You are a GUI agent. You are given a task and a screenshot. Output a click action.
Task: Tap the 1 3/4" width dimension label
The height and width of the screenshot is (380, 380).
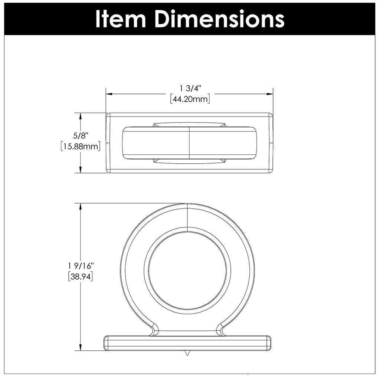pyautogui.click(x=190, y=88)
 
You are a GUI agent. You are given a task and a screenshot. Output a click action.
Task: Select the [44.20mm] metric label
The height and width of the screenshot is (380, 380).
pyautogui.click(x=190, y=99)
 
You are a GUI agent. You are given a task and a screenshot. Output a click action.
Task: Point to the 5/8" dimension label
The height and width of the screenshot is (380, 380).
pyautogui.click(x=80, y=137)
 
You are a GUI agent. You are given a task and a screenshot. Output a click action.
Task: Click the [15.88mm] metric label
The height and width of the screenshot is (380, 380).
pyautogui.click(x=80, y=146)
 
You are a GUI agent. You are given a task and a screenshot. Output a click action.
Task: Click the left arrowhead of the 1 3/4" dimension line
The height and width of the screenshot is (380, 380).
pyautogui.click(x=109, y=94)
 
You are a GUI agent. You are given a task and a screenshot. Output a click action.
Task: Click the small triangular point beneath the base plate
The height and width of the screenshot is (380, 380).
pyautogui.click(x=187, y=353)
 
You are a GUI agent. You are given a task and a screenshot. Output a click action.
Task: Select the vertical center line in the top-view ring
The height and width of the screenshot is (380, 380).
pyautogui.click(x=190, y=143)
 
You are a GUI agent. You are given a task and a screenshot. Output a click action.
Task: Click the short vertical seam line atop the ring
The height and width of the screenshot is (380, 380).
pyautogui.click(x=187, y=215)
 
